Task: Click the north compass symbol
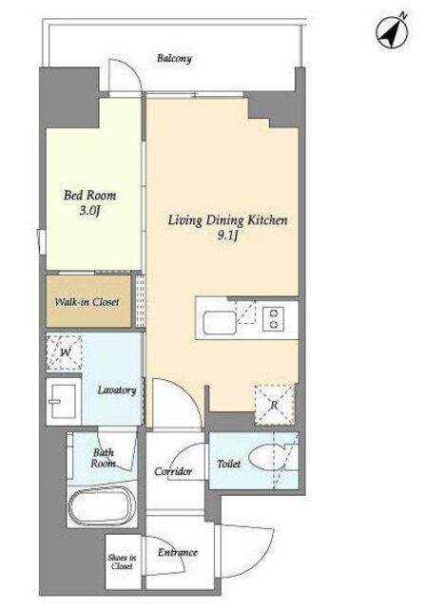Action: point(393,31)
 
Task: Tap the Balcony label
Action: point(174,59)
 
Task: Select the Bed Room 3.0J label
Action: point(89,201)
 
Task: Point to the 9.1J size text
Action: point(227,237)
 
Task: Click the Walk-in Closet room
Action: point(88,301)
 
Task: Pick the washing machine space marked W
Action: point(65,352)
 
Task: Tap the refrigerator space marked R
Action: point(274,405)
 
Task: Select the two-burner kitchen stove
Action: point(273,319)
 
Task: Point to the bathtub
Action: point(102,505)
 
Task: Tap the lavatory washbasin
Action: point(64,401)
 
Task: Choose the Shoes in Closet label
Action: point(122,561)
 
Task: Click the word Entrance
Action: point(177,552)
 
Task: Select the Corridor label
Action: point(173,471)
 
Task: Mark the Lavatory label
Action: point(117,390)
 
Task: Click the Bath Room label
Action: point(104,458)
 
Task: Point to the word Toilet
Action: point(228,463)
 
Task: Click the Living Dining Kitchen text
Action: point(228,220)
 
